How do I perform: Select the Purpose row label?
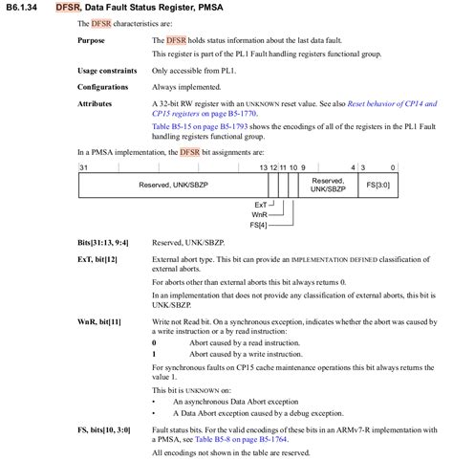(94, 40)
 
